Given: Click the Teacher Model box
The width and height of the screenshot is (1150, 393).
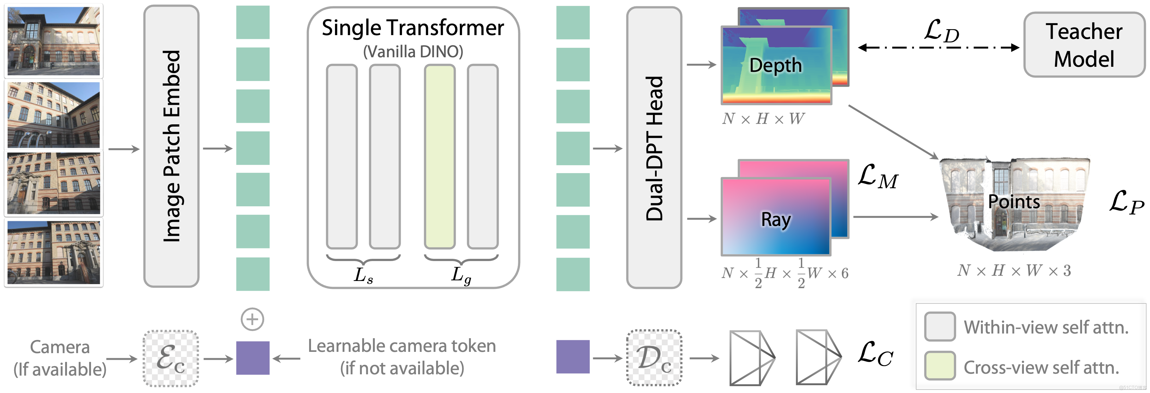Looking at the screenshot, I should tap(1084, 45).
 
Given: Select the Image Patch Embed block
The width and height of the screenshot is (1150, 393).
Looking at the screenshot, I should tap(171, 146).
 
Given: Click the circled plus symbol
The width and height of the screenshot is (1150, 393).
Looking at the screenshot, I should tap(252, 319).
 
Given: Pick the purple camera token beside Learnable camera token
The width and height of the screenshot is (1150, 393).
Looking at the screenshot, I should tap(253, 358).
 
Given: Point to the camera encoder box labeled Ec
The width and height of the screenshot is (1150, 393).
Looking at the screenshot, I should tap(171, 358).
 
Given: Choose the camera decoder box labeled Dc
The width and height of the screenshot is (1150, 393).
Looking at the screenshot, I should tap(654, 358).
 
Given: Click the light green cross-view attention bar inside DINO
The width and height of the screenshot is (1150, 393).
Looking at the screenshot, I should tap(440, 157).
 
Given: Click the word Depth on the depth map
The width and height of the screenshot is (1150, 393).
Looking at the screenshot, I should tap(776, 65).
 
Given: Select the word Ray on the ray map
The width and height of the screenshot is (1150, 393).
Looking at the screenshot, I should tap(776, 219).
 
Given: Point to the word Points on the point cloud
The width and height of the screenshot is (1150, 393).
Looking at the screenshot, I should tap(1013, 202).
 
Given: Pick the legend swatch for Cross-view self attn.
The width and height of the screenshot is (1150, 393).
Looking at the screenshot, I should tap(940, 366).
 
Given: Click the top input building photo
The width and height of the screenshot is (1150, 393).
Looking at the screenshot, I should tap(54, 41).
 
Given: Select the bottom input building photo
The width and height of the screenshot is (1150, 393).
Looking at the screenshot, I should tap(54, 252).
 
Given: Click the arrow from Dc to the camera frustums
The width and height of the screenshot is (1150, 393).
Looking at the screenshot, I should tap(704, 358).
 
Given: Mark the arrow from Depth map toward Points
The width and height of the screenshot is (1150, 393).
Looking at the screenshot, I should tap(893, 132).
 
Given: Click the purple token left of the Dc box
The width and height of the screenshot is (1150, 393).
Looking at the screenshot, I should tap(573, 357).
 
